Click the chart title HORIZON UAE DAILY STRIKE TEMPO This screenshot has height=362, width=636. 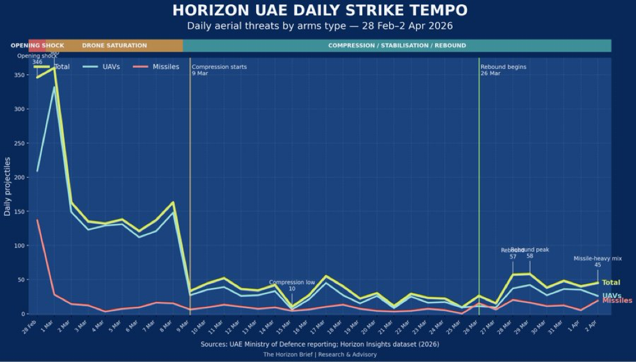pos(319,10)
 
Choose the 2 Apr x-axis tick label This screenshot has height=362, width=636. pos(592,325)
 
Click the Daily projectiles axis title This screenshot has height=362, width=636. pos(7,186)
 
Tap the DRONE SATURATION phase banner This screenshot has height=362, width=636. pos(115,45)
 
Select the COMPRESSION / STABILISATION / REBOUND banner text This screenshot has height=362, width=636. pos(397,45)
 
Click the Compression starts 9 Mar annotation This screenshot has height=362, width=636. pos(219,70)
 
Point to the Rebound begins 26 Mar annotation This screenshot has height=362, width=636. pos(503,70)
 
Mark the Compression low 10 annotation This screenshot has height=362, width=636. pos(292,285)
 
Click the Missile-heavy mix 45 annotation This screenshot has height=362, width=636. pos(597,262)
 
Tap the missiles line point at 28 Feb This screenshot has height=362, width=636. pos(37,220)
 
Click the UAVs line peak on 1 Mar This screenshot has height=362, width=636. pos(55,87)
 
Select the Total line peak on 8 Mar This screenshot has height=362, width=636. pos(173,202)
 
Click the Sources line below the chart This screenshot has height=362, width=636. pos(319,344)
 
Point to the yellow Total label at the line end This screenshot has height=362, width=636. pos(611,282)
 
